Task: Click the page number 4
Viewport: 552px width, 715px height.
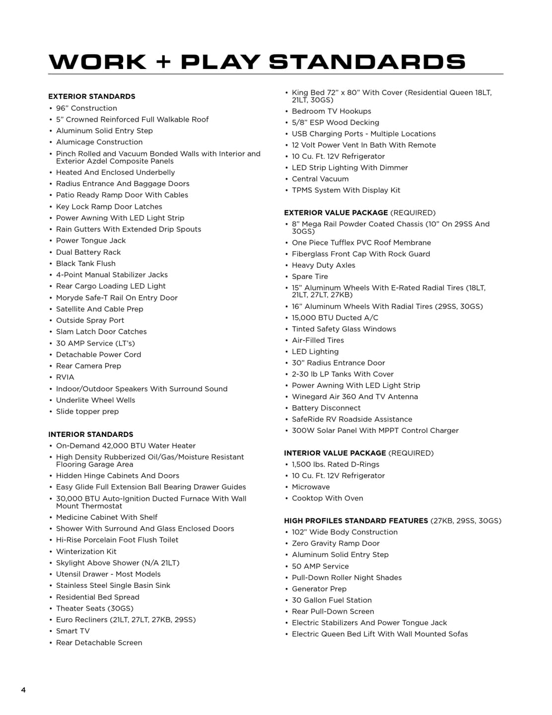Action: tap(23, 690)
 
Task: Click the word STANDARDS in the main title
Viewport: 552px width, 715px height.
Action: tap(367, 62)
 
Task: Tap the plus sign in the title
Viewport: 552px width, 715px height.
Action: tap(163, 62)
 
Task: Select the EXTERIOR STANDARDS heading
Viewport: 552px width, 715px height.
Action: tap(92, 96)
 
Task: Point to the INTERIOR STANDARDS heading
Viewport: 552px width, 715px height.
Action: tap(91, 434)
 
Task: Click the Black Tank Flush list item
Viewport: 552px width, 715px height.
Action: tap(86, 263)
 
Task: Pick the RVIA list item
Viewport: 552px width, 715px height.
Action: tap(65, 377)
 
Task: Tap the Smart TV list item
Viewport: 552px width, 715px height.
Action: tap(73, 631)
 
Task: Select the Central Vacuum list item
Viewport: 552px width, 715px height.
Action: tap(320, 179)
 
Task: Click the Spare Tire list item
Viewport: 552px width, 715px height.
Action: tap(310, 276)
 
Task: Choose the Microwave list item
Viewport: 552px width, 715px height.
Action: tap(311, 487)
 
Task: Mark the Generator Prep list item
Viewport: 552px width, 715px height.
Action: tap(319, 588)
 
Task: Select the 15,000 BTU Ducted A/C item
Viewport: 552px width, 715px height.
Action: tap(335, 317)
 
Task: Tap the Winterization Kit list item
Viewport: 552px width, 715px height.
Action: tap(86, 551)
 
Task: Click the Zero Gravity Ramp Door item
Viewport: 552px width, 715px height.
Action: tap(336, 543)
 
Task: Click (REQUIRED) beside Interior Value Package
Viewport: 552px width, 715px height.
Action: tap(411, 453)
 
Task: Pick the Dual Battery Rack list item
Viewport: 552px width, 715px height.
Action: tap(88, 252)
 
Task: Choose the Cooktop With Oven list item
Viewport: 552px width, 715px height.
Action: tap(328, 498)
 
